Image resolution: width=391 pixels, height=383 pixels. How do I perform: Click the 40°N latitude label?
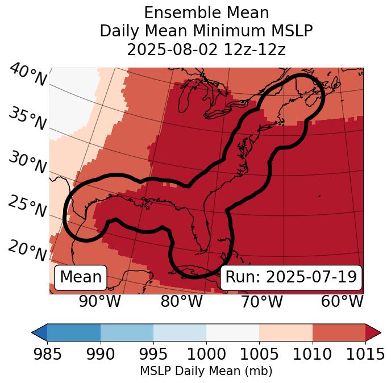28,75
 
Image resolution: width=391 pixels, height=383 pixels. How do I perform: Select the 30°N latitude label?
27,163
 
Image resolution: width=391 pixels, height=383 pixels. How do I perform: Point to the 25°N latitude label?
27,207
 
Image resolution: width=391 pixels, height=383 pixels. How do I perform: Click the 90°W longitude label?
100,301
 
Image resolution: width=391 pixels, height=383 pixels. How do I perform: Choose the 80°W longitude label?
181,301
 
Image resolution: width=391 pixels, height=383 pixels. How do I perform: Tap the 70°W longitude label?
261,301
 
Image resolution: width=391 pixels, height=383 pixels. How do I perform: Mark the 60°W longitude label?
342,301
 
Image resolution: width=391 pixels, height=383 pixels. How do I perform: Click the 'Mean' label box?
81,277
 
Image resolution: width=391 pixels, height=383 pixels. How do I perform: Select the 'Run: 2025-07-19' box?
291,277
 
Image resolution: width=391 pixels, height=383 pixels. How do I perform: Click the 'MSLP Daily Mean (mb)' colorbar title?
206,371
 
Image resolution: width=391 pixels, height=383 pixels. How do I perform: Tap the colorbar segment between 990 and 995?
127,332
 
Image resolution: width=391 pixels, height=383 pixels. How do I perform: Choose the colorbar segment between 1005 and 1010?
286,332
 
